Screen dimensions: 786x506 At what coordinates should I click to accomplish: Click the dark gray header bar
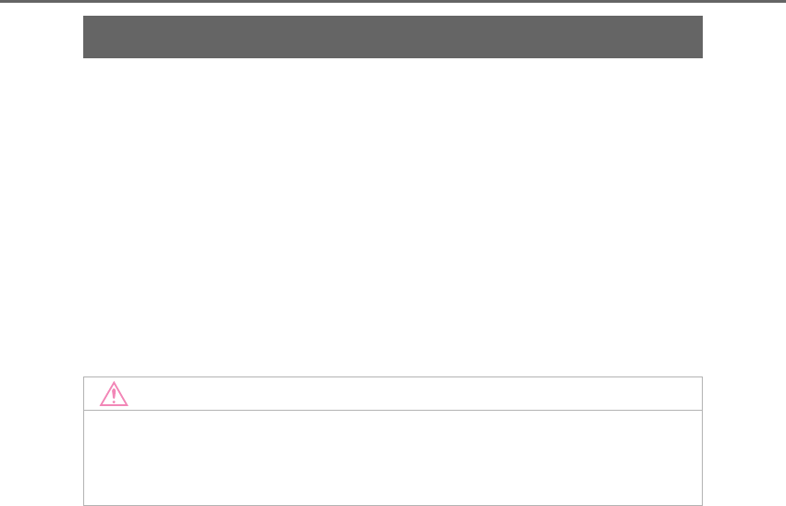coord(393,37)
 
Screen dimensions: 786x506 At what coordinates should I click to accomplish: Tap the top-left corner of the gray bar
coord(83,16)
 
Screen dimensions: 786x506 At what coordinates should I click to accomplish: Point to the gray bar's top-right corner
coord(703,16)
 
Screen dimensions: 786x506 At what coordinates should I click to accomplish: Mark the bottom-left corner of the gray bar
coord(83,58)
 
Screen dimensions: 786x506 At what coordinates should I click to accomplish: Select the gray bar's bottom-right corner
coord(703,58)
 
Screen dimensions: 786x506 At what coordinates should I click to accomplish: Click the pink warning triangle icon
coord(114,395)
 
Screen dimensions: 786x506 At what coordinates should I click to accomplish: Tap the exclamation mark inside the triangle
coord(114,396)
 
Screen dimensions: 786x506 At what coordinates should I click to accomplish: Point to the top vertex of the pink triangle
coord(114,383)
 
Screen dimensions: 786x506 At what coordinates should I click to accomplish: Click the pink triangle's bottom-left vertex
coord(100,406)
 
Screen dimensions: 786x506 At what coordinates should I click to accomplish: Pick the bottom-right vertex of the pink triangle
coord(128,406)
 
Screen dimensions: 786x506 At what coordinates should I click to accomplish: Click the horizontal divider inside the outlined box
coord(393,410)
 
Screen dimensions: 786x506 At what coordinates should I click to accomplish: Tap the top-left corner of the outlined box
coord(83,376)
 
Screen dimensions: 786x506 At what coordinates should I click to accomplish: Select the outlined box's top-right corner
coord(703,376)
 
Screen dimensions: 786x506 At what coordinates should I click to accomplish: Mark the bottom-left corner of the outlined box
coord(83,505)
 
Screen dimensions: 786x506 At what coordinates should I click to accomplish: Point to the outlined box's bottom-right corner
coord(703,505)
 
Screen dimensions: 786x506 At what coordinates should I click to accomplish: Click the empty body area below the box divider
coord(393,458)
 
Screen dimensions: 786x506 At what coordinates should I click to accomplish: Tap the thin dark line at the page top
coord(393,1)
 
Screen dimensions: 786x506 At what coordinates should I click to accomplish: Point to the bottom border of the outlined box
coord(393,505)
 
